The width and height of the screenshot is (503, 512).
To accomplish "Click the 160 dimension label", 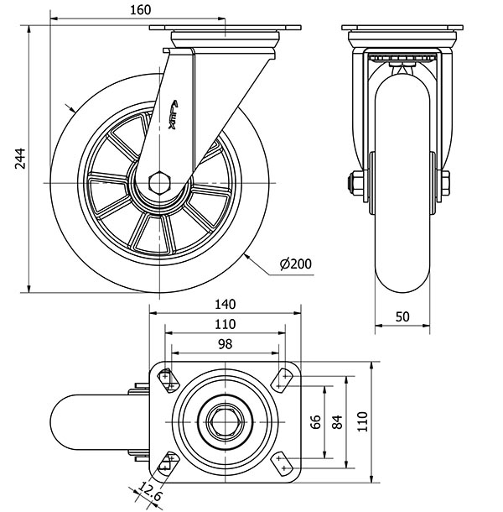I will pyautogui.click(x=141, y=10).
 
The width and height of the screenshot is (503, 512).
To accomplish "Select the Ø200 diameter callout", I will pyautogui.click(x=295, y=264).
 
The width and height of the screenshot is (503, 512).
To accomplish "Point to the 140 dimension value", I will pyautogui.click(x=226, y=304).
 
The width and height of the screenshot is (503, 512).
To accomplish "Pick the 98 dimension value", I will pyautogui.click(x=226, y=344).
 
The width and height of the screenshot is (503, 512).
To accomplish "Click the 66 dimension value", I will pyautogui.click(x=316, y=421).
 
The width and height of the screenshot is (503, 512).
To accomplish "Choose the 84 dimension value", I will pyautogui.click(x=338, y=421).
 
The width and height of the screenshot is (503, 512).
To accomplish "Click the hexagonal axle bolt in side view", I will pyautogui.click(x=159, y=182).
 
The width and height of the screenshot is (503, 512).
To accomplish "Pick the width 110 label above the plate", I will pyautogui.click(x=226, y=324).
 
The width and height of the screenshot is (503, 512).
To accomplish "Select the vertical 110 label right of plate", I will pyautogui.click(x=362, y=421).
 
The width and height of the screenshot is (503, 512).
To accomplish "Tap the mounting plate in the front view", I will pyautogui.click(x=401, y=29).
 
